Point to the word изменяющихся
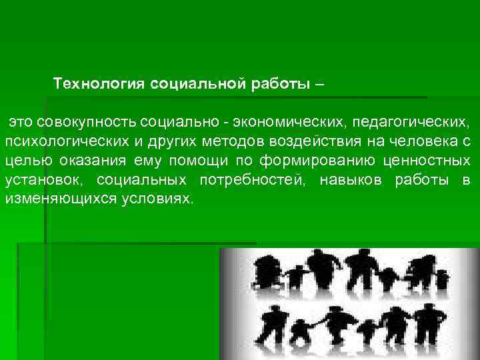coord(57,199)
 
